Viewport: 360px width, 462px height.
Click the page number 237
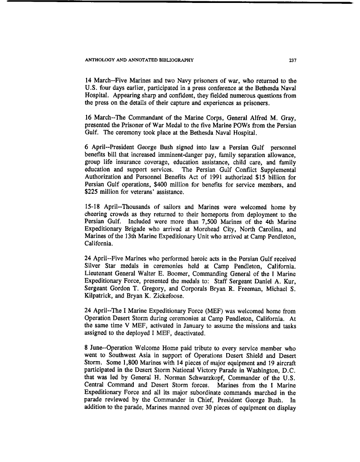tap(293, 60)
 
